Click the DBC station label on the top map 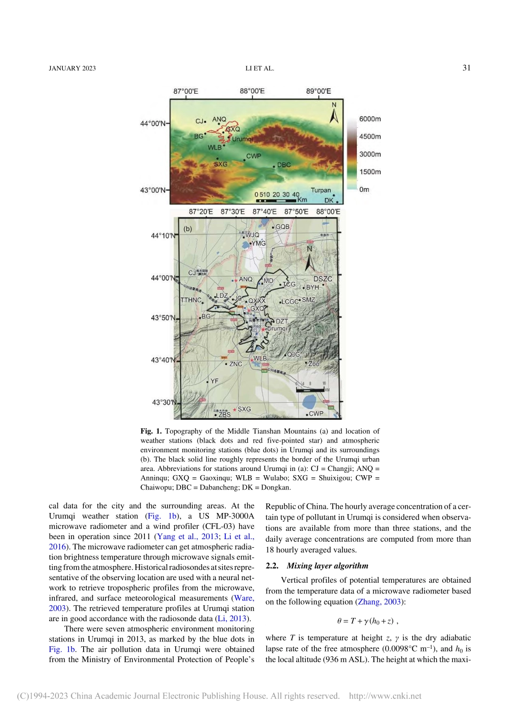pos(284,165)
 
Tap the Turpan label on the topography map pos(321,190)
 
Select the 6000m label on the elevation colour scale pos(370,119)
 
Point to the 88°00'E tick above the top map pos(252,92)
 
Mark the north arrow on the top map pos(334,113)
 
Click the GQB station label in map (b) pos(282,227)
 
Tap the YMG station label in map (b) pos(258,243)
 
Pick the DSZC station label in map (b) pos(323,279)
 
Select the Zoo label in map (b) pos(314,364)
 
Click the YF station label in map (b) pos(214,381)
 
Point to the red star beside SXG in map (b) pos(235,410)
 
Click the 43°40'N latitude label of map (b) pos(162,360)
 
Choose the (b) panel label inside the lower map pos(187,229)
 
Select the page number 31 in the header pos(467,68)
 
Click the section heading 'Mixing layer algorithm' pos(327,566)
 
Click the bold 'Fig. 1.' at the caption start pos(151,431)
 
